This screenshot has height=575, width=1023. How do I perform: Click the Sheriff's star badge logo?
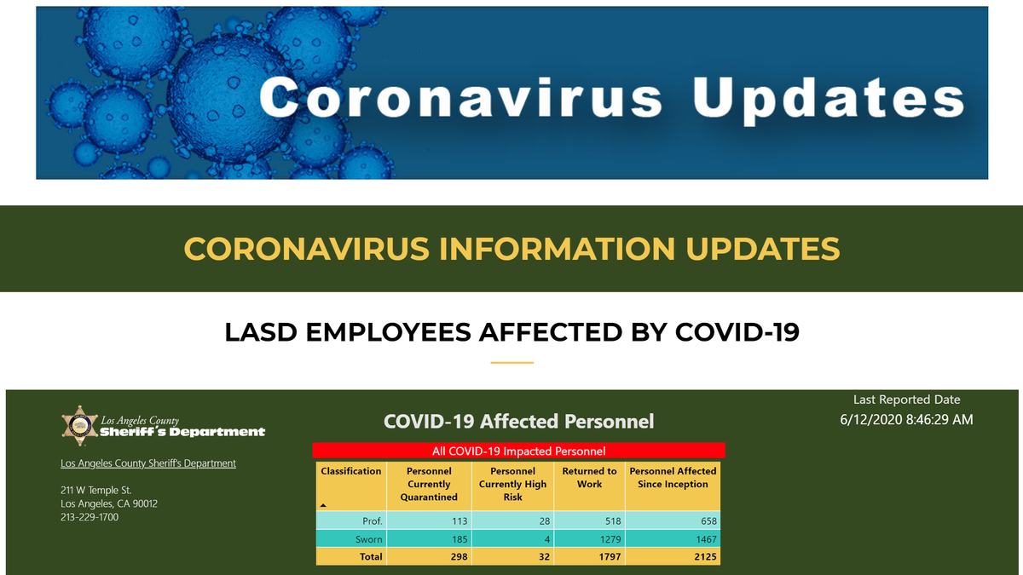[x=80, y=426]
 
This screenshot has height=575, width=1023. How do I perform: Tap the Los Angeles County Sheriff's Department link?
[x=148, y=463]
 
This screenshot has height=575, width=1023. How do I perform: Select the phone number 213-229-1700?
[x=90, y=517]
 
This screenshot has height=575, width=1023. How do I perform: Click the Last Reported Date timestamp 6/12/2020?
[x=906, y=419]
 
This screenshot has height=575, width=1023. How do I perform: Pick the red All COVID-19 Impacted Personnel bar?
[x=519, y=451]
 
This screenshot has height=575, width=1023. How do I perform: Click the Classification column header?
[x=350, y=471]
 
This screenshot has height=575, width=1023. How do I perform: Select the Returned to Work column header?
[x=589, y=477]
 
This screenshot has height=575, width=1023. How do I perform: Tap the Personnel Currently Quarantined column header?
[x=429, y=484]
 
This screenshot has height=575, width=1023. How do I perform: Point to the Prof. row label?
[x=373, y=521]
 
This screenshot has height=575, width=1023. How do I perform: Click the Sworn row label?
[x=368, y=539]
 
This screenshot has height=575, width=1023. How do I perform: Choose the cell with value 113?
[x=459, y=521]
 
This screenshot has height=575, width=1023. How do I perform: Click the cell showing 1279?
[x=610, y=539]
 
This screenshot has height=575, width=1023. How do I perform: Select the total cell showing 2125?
[x=705, y=557]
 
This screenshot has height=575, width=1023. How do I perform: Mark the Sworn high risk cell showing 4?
[x=546, y=539]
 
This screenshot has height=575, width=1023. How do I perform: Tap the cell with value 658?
[x=708, y=521]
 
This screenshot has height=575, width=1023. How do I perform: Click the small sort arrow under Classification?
[x=323, y=506]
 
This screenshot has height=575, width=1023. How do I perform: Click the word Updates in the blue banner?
[x=829, y=99]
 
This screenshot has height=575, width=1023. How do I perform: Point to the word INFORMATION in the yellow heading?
[x=557, y=249]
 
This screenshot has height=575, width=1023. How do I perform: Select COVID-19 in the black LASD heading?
[x=737, y=332]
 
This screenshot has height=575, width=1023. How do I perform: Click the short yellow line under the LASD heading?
[x=512, y=363]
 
